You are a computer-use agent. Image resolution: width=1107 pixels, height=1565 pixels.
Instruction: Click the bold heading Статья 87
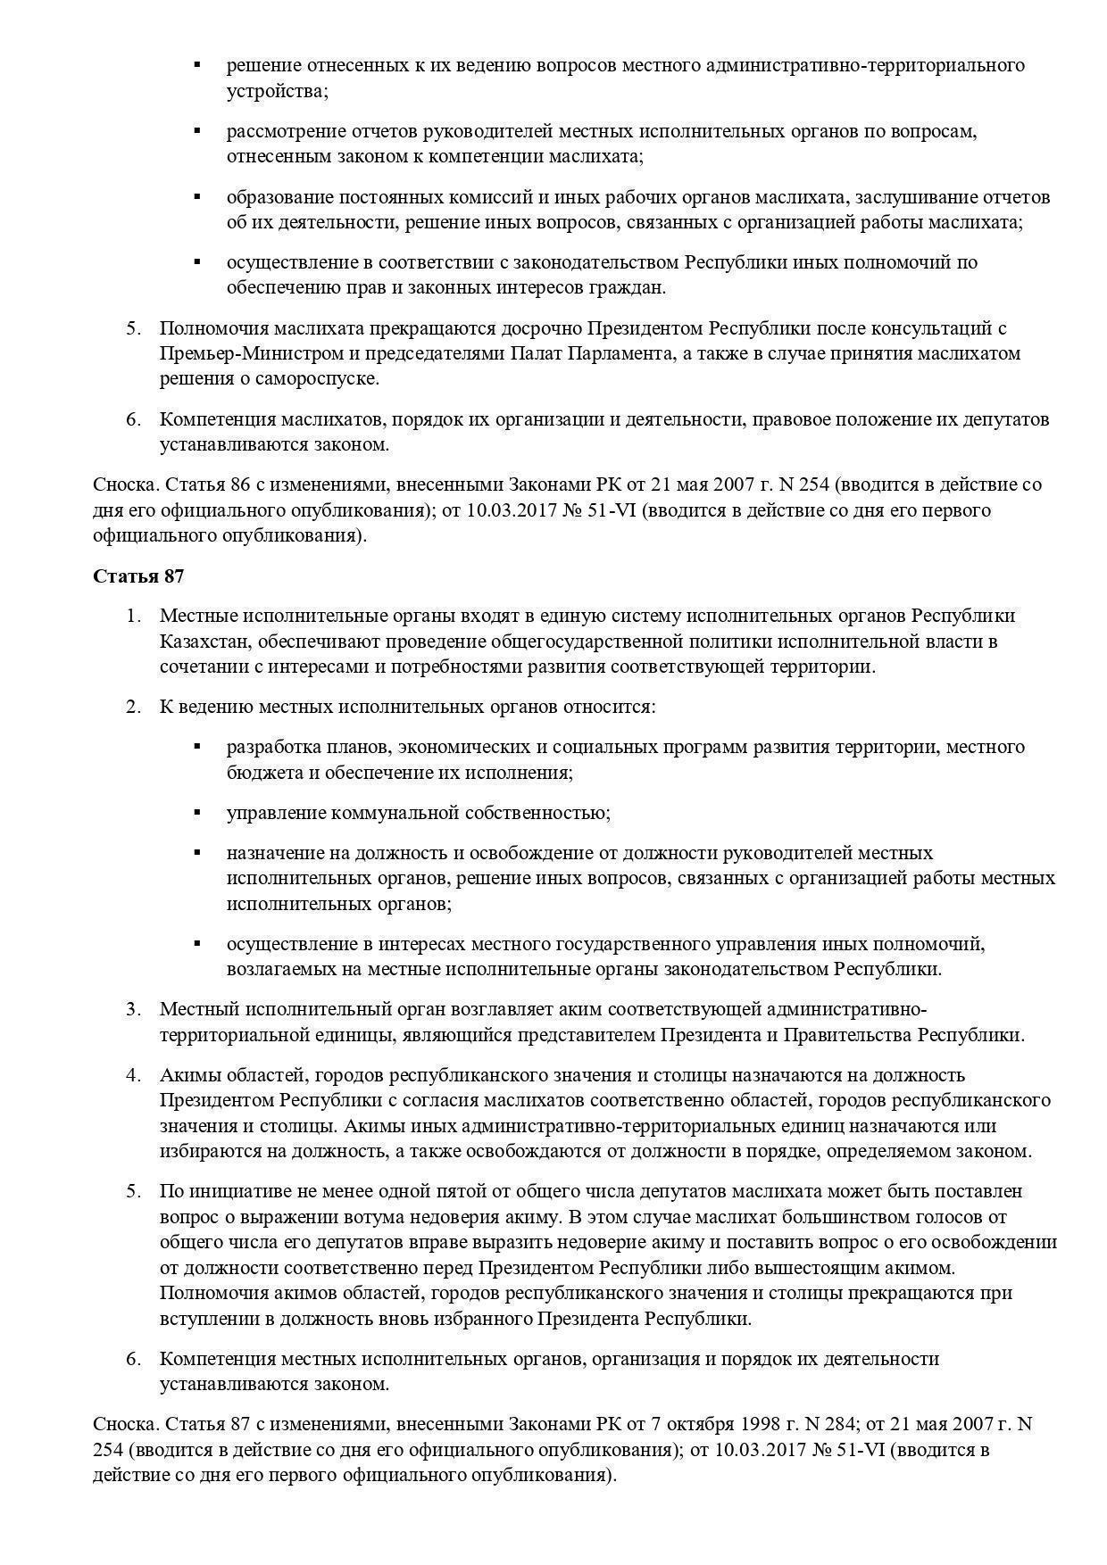pyautogui.click(x=138, y=576)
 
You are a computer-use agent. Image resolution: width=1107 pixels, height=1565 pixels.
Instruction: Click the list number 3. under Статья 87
pyautogui.click(x=133, y=1009)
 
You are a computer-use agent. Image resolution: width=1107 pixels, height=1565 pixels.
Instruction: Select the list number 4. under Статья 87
pyautogui.click(x=133, y=1075)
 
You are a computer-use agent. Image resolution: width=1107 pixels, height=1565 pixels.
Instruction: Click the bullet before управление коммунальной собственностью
pyautogui.click(x=197, y=813)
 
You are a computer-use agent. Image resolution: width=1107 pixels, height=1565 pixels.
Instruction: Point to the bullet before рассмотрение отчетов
pyautogui.click(x=197, y=131)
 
